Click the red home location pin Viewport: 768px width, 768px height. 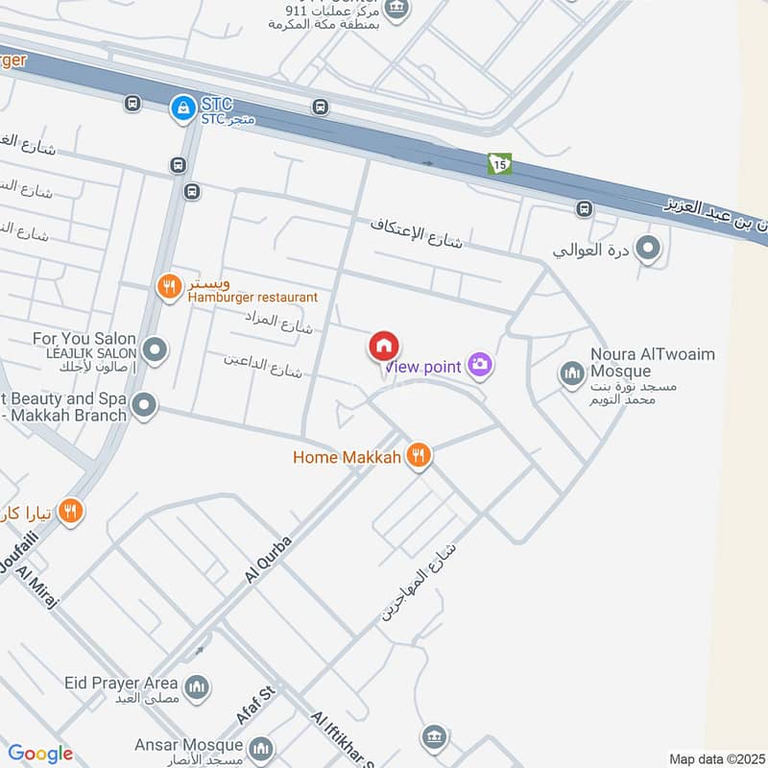click(x=384, y=347)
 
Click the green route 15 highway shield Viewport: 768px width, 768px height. click(x=499, y=163)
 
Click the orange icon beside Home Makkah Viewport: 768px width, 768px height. click(x=418, y=456)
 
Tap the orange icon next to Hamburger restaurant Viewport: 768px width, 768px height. click(x=170, y=286)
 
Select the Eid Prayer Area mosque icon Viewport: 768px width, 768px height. click(x=197, y=686)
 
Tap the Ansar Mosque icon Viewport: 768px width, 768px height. click(x=260, y=748)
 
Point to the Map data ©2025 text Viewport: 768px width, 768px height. click(x=715, y=758)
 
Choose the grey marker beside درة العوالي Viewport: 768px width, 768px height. click(x=648, y=251)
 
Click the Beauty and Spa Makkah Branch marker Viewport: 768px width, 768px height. click(x=145, y=406)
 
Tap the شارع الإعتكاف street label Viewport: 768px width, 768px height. click(x=417, y=231)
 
